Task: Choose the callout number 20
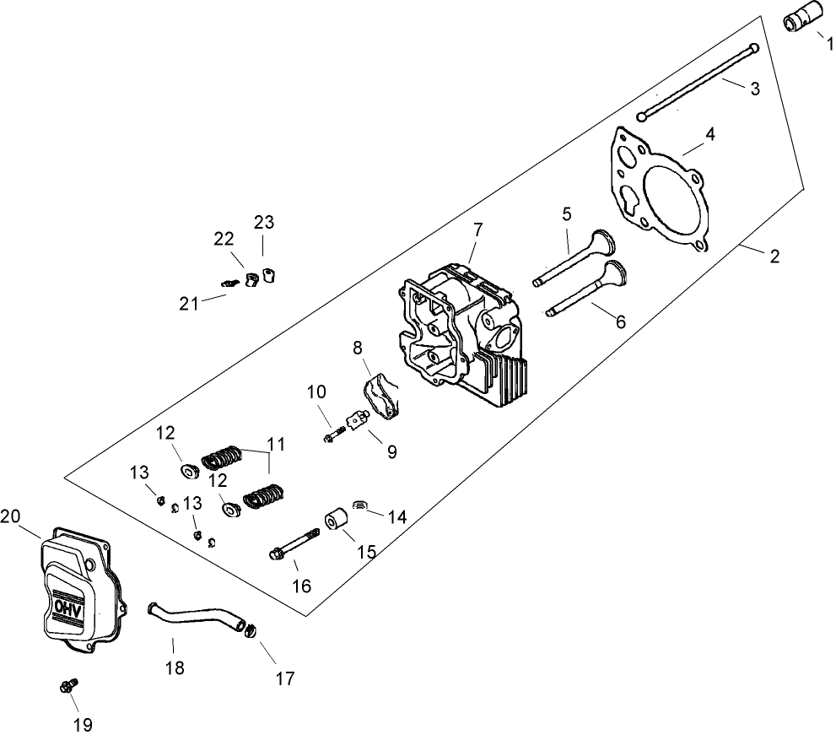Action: tap(11, 516)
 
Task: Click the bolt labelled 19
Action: tap(68, 687)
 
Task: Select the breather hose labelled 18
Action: tap(193, 621)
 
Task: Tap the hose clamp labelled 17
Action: tap(251, 629)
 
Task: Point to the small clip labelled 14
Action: tap(360, 505)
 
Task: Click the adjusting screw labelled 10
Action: tap(332, 435)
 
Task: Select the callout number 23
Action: tap(264, 222)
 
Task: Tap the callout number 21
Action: tap(189, 304)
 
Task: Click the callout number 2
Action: tap(774, 257)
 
